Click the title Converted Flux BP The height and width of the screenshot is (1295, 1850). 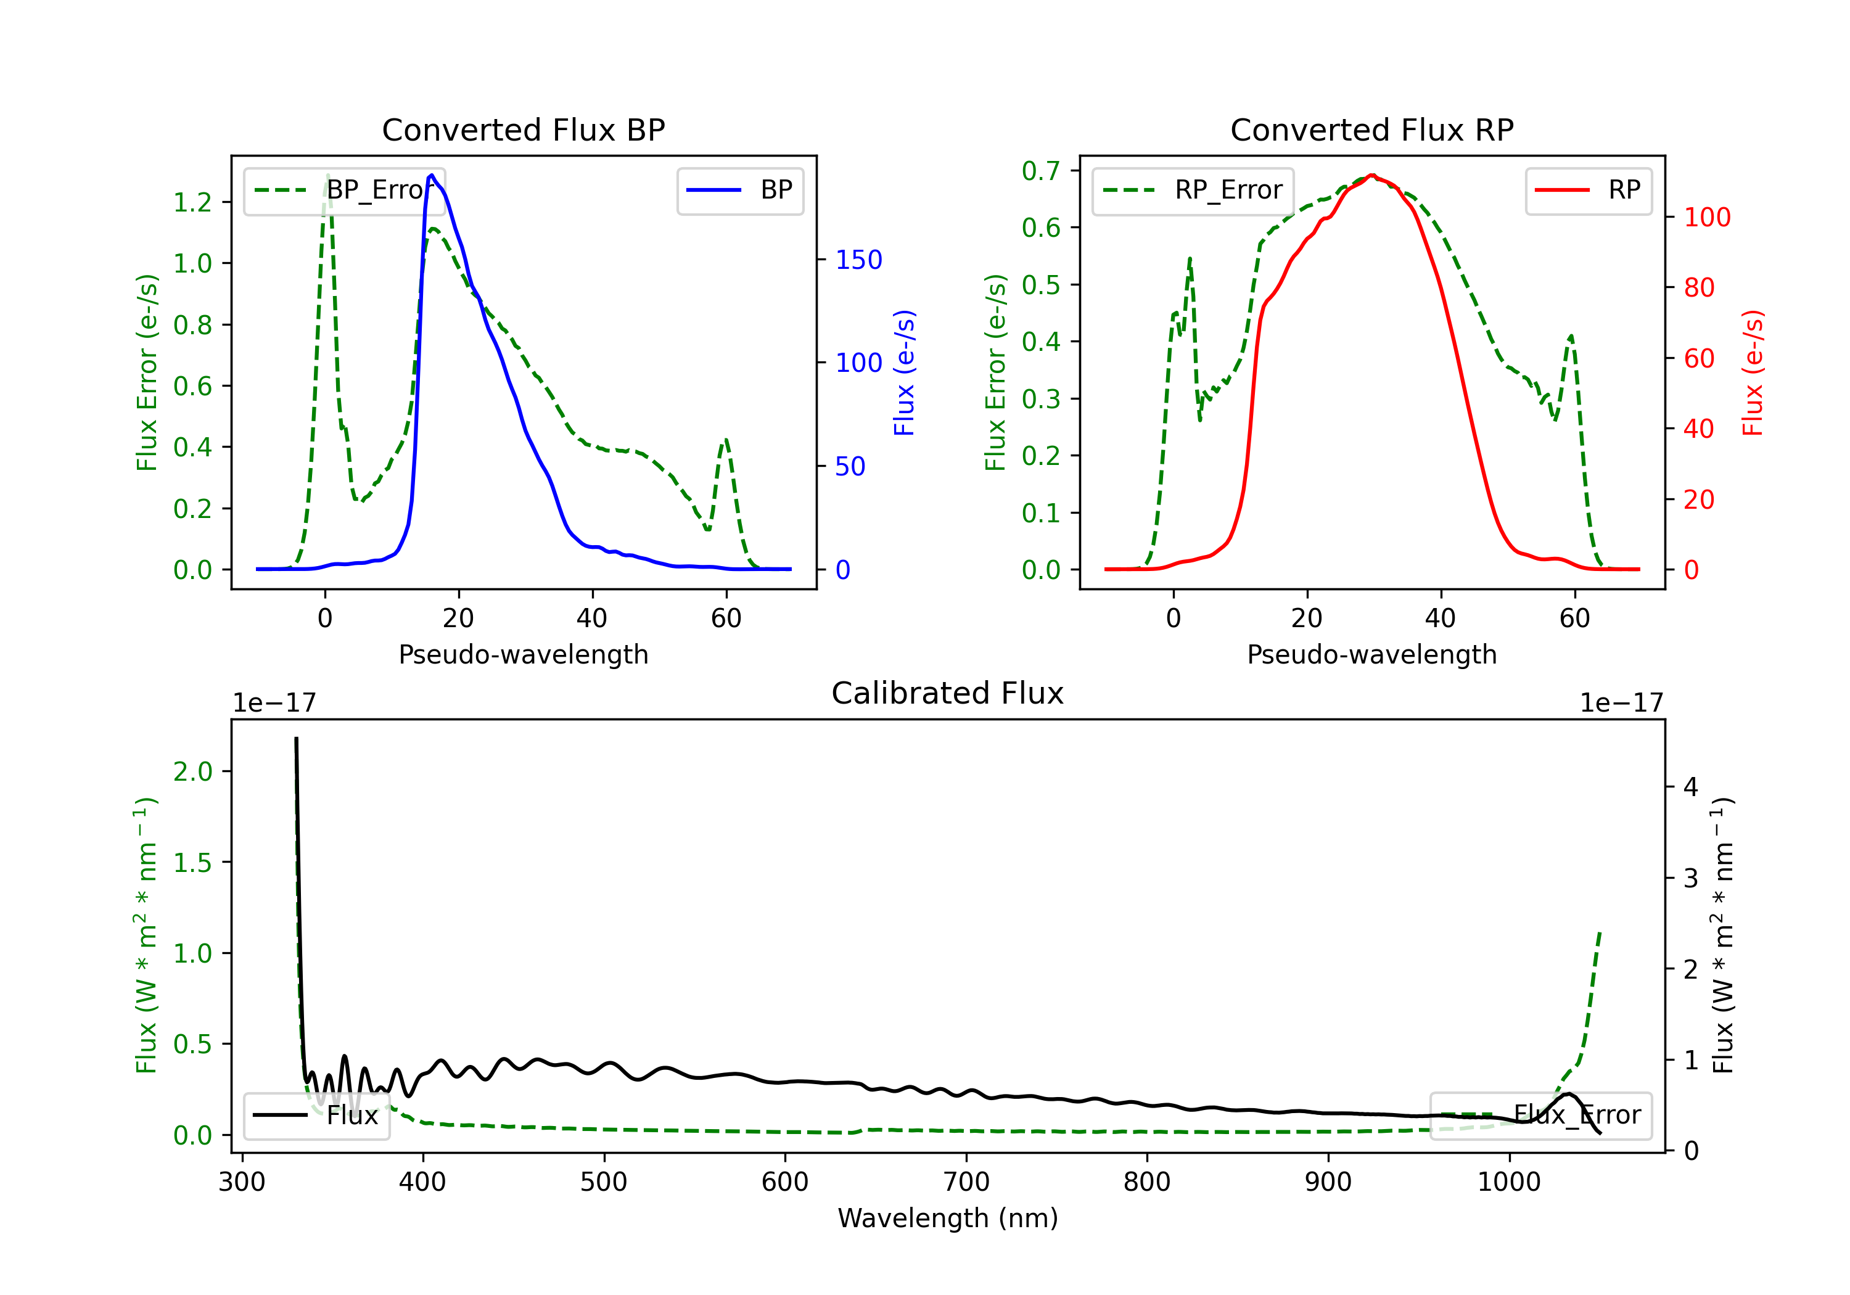point(523,129)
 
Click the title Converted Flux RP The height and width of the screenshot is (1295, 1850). point(1371,129)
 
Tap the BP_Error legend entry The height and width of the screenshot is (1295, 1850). point(344,190)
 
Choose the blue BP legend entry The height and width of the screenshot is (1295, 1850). point(739,190)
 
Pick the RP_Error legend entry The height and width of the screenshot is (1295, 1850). point(1193,190)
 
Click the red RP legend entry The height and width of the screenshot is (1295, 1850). point(1587,190)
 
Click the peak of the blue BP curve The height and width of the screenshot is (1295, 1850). point(432,175)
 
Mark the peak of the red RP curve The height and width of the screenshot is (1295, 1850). point(1371,175)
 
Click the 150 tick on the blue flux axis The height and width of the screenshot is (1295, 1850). point(858,260)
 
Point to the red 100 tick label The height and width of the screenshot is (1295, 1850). point(1706,217)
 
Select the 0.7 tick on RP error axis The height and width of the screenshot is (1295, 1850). point(1040,171)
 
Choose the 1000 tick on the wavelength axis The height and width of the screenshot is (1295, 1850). point(1508,1182)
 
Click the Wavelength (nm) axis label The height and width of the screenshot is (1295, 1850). point(948,1218)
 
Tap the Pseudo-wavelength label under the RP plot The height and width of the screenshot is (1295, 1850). point(1371,654)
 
